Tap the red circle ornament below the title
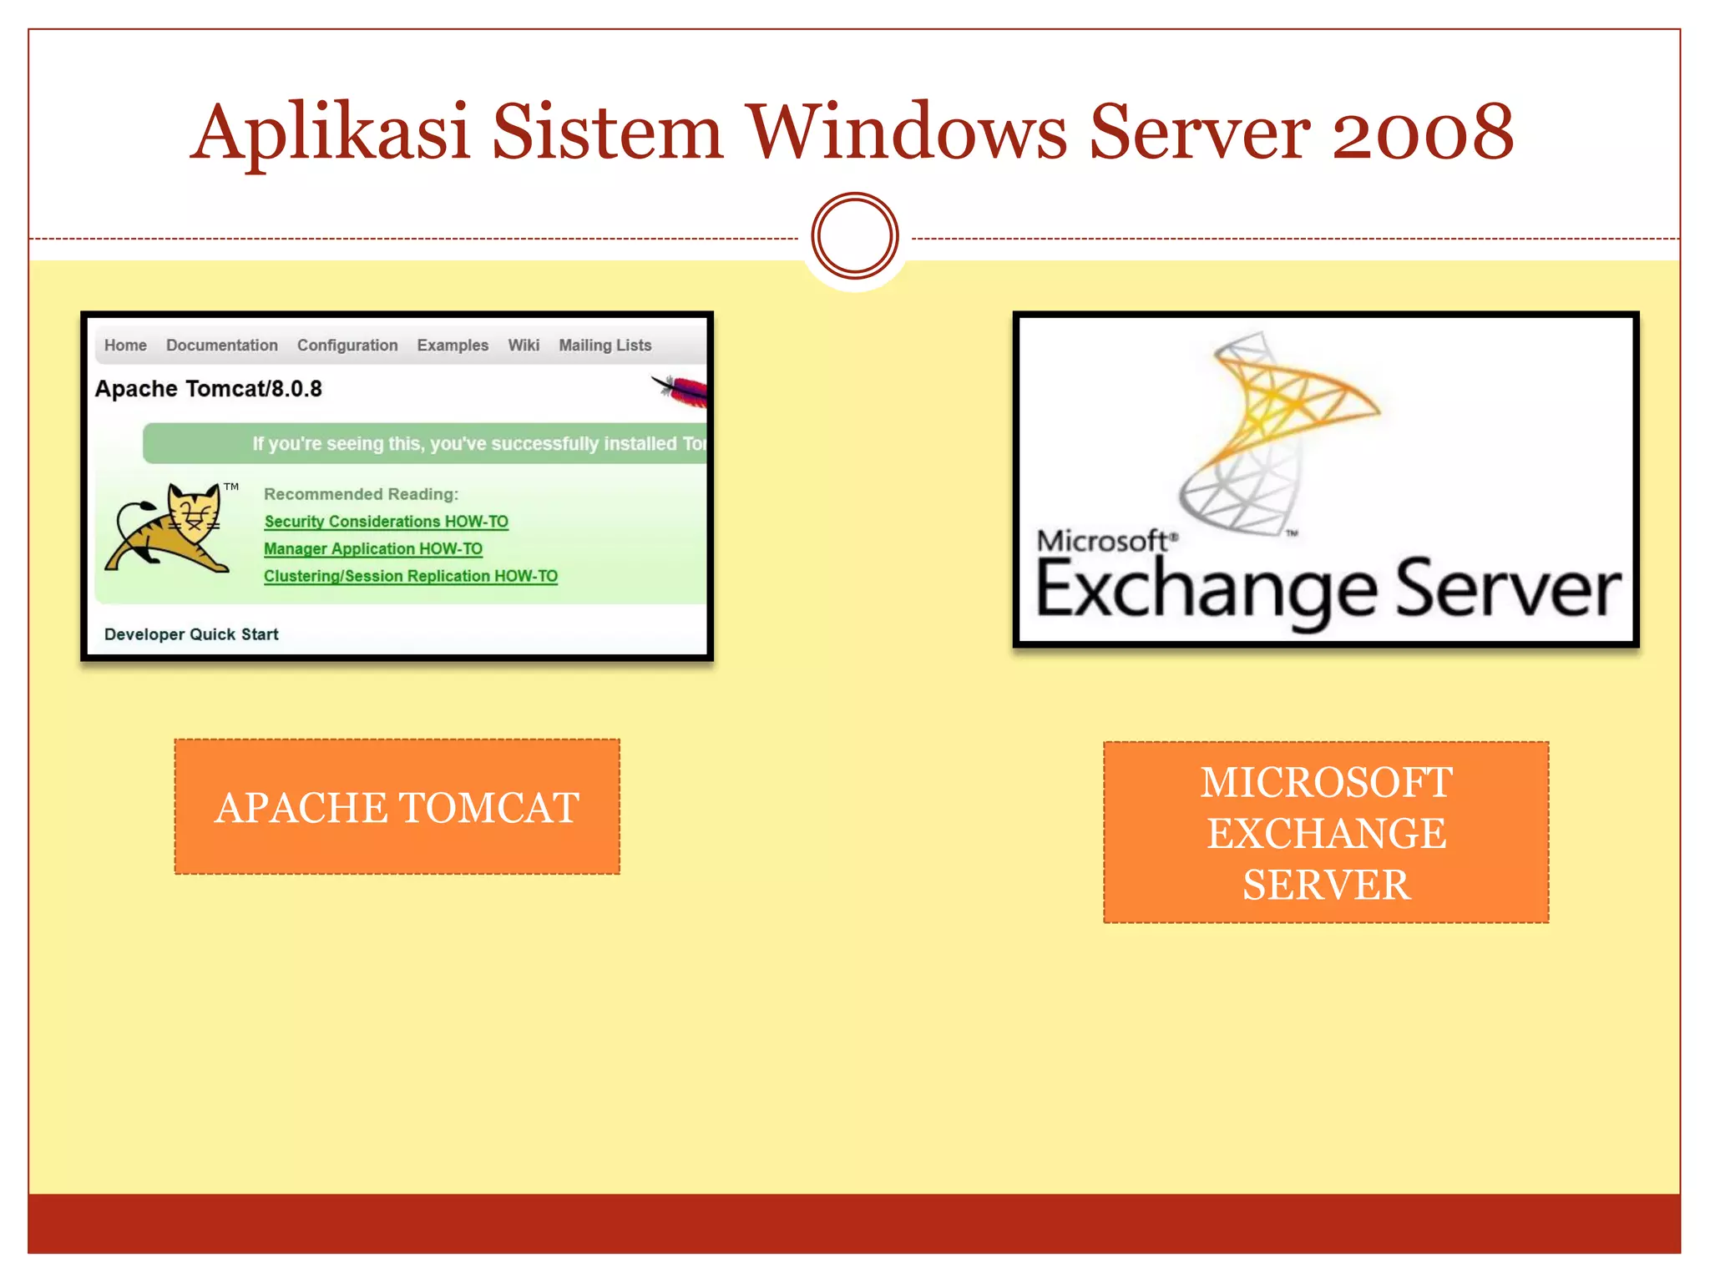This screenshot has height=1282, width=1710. (x=855, y=236)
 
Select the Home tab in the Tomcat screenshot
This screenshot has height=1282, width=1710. (x=125, y=346)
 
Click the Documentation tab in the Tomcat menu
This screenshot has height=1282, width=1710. (x=221, y=346)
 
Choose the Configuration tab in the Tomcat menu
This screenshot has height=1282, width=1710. (x=347, y=346)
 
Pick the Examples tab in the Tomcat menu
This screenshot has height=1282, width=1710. (x=453, y=346)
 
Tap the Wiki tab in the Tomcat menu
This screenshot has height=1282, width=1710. (x=524, y=346)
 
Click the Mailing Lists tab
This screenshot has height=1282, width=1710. (x=605, y=346)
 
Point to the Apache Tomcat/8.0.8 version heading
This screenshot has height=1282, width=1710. (x=208, y=389)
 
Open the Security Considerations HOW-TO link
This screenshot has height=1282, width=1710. (x=386, y=522)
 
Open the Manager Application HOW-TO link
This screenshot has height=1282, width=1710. (x=373, y=549)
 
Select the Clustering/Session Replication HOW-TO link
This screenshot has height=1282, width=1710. (x=411, y=577)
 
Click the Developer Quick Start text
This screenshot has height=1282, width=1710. (x=191, y=634)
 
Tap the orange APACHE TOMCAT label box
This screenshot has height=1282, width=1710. (x=397, y=807)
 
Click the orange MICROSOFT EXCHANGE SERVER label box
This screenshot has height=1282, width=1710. (x=1326, y=833)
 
